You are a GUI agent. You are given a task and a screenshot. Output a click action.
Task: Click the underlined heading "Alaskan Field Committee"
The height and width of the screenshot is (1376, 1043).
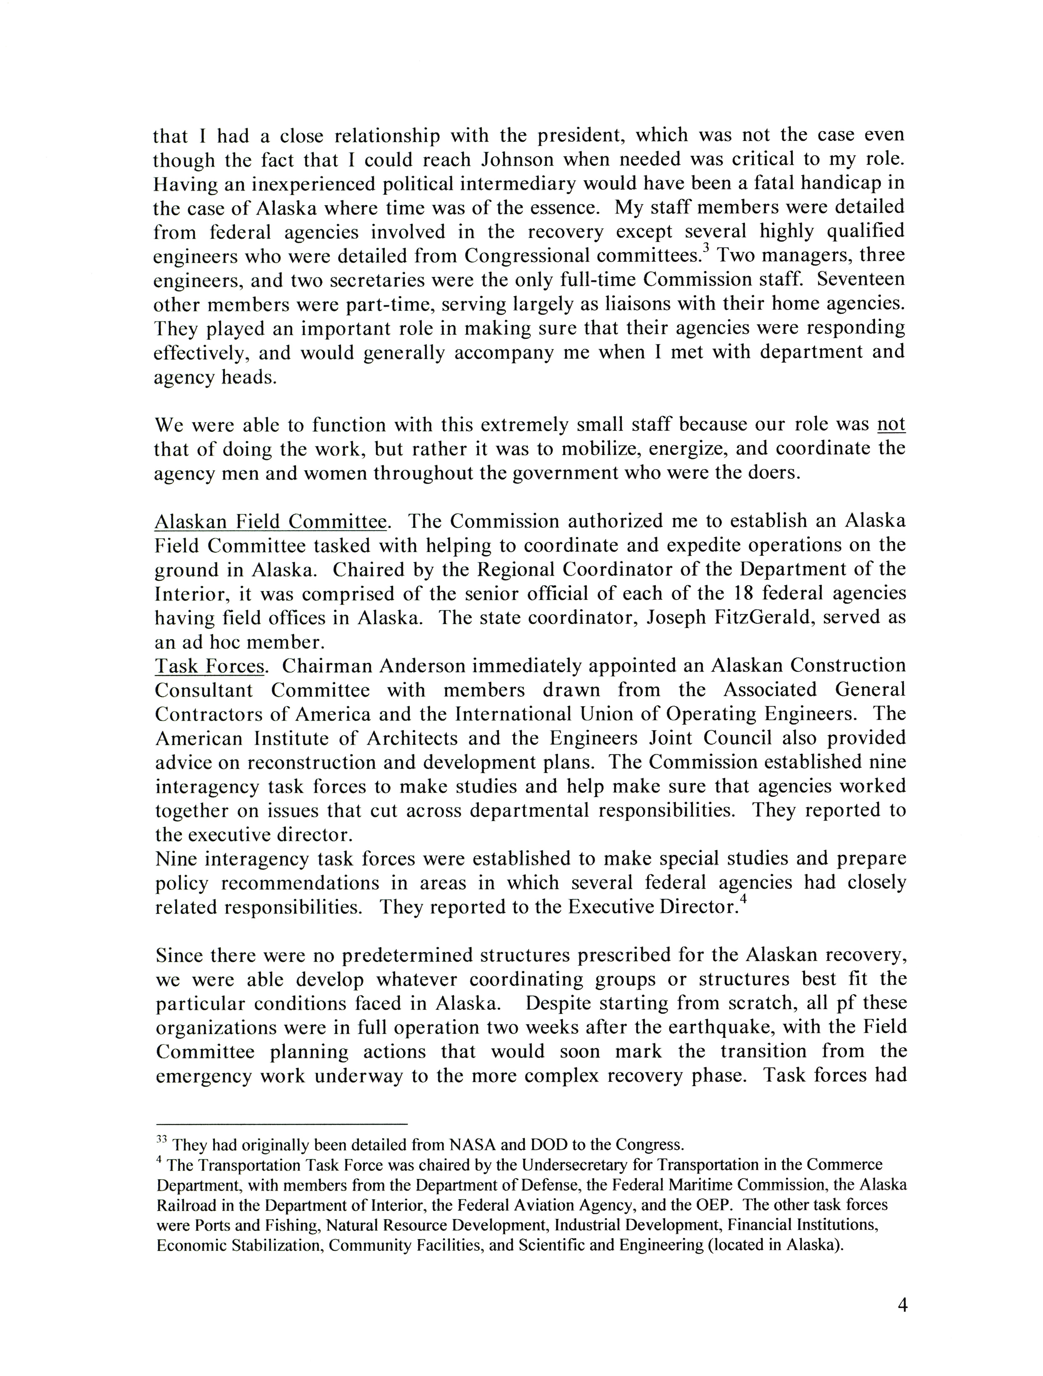[270, 521]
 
